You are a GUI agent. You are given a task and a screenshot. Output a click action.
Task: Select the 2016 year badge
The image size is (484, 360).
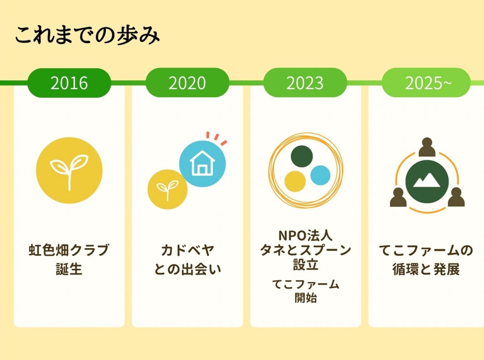[x=69, y=83]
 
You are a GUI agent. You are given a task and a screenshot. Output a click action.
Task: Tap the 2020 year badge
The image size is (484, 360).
[x=187, y=83]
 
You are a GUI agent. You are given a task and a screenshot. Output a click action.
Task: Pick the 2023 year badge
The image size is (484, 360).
[x=305, y=83]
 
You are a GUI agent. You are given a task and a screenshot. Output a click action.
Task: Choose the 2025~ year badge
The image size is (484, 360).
[x=426, y=83]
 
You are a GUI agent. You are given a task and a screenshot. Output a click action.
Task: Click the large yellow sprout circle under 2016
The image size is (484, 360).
[x=69, y=170]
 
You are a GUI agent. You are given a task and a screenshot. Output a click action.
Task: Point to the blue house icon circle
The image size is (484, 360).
[x=202, y=164]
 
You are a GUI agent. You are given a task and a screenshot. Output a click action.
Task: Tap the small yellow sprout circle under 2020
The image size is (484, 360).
[x=167, y=189]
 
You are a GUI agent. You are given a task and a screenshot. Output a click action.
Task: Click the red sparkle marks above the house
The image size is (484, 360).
[x=216, y=138]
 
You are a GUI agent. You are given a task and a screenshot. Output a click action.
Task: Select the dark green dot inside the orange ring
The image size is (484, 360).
[x=302, y=156]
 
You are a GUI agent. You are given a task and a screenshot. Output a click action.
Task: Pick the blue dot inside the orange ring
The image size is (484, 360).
[x=320, y=175]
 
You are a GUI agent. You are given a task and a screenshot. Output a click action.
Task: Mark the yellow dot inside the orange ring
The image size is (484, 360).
[x=295, y=182]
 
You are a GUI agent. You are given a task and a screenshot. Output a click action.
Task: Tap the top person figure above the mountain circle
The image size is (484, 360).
[x=427, y=147]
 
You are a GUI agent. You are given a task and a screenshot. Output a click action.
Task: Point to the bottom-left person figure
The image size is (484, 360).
[x=398, y=197]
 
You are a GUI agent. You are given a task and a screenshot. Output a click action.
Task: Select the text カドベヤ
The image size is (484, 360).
[x=187, y=250]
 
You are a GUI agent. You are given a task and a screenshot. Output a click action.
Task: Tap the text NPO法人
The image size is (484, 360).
[x=306, y=235]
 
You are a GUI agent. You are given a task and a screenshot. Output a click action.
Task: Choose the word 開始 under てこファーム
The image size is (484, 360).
[x=306, y=298]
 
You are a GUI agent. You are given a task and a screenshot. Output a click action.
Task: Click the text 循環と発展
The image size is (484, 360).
[x=426, y=269]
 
